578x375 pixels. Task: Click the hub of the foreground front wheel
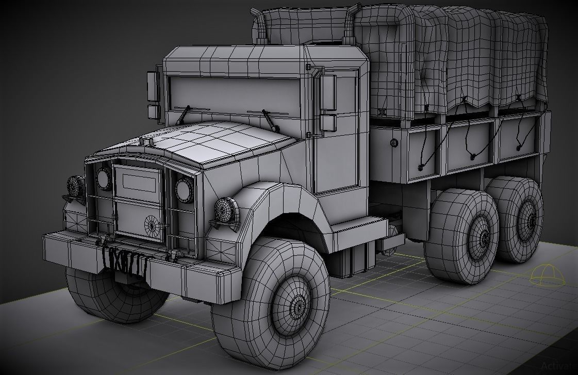coord(298,306)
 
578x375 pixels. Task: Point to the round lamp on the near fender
coord(225,210)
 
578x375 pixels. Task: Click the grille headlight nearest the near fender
coord(184,190)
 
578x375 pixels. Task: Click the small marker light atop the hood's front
coord(146,140)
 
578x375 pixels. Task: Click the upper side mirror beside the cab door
coord(328,93)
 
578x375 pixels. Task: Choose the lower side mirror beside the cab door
coord(328,123)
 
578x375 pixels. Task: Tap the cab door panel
coord(336,155)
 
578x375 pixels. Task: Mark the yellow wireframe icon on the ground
coord(547,274)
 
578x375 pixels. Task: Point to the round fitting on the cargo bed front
coord(394,143)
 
